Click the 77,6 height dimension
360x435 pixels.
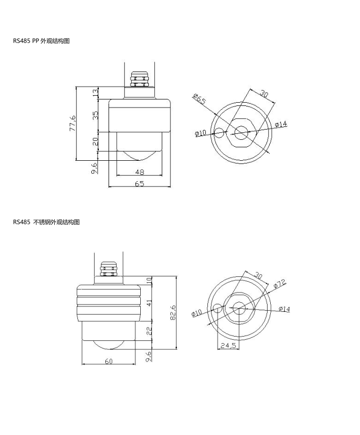pyautogui.click(x=73, y=124)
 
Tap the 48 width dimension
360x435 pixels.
pyautogui.click(x=139, y=172)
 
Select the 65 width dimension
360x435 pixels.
pyautogui.click(x=139, y=184)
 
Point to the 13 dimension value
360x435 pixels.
pyautogui.click(x=95, y=92)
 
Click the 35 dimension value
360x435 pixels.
pyautogui.click(x=95, y=115)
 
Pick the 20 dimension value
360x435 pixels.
pyautogui.click(x=95, y=141)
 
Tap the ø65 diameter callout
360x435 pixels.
pyautogui.click(x=199, y=99)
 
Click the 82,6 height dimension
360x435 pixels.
pyautogui.click(x=172, y=312)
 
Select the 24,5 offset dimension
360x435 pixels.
pyautogui.click(x=228, y=345)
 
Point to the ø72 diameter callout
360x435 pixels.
pyautogui.click(x=279, y=284)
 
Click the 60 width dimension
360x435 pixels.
pyautogui.click(x=109, y=361)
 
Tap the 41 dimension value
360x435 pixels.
pyautogui.click(x=149, y=303)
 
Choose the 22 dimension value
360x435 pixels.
pyautogui.click(x=149, y=331)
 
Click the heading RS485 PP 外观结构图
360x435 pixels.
pyautogui.click(x=41, y=41)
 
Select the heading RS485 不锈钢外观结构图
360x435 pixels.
pyautogui.click(x=46, y=222)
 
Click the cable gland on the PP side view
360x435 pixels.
pyautogui.click(x=139, y=80)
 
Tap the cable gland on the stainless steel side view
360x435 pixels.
pyautogui.click(x=109, y=269)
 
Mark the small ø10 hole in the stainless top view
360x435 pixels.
pyautogui.click(x=217, y=308)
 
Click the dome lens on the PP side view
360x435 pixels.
pyautogui.click(x=139, y=155)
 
